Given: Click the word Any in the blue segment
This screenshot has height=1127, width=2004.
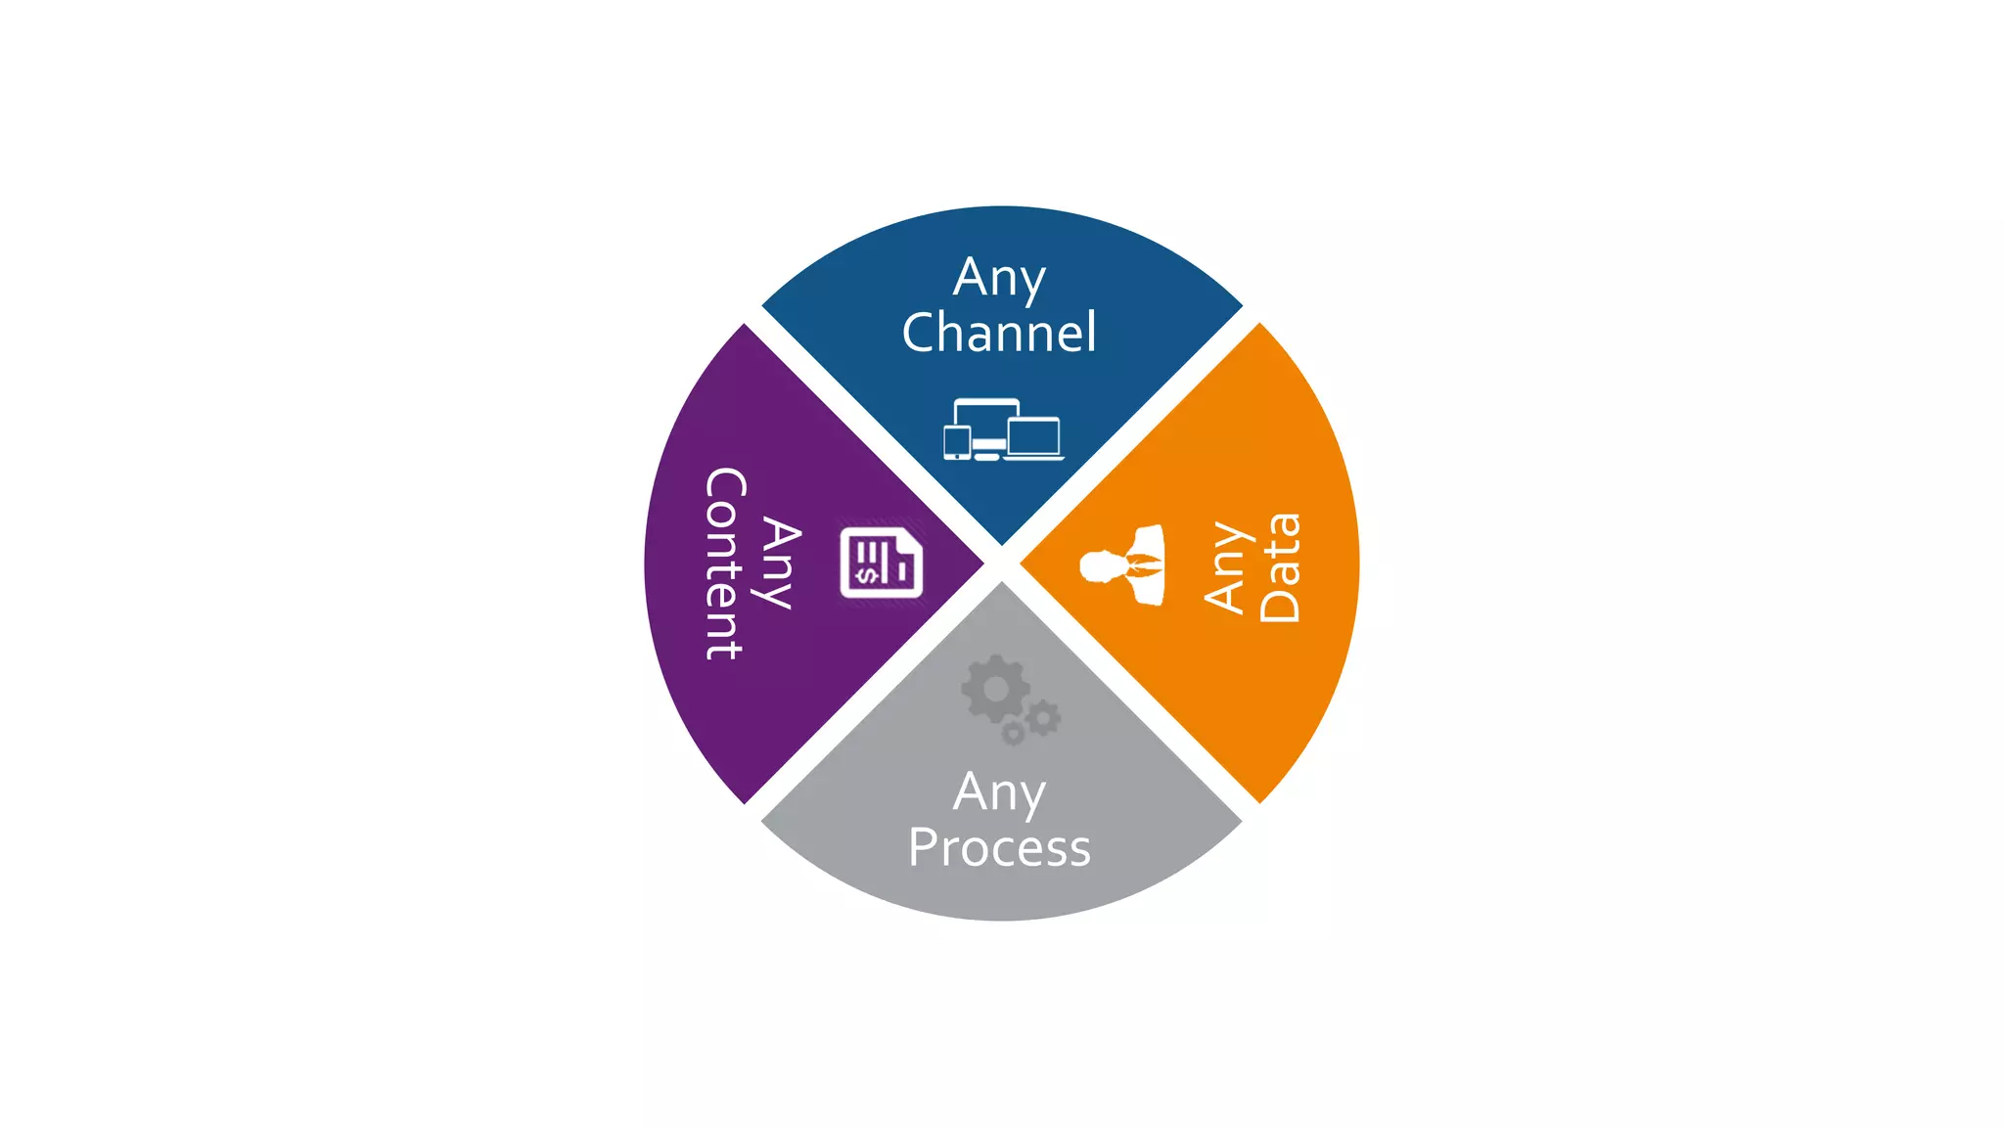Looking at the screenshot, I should [999, 279].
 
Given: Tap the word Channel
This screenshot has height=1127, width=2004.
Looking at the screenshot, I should [999, 333].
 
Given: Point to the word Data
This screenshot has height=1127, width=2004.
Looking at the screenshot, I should [1280, 567].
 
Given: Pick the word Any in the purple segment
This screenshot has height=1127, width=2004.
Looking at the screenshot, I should [781, 563].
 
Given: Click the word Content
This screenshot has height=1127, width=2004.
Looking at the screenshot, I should [725, 563].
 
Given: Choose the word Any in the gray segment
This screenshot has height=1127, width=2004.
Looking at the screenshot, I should [999, 792].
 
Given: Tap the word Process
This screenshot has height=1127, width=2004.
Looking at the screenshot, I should [999, 847].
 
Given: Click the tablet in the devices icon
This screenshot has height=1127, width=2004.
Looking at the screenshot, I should [956, 442].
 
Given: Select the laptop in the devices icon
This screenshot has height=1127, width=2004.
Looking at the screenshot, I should [1033, 437].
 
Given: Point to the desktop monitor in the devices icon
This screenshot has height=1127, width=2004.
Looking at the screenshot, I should [986, 416].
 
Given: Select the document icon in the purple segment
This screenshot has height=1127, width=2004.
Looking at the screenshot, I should [881, 563].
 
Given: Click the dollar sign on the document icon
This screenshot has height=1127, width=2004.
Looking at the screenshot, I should [866, 575].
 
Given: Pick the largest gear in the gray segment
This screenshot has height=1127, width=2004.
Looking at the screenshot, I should [995, 689].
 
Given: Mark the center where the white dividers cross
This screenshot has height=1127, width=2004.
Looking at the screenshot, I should [1002, 563].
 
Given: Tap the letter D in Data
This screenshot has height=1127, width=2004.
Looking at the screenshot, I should [1280, 605].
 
